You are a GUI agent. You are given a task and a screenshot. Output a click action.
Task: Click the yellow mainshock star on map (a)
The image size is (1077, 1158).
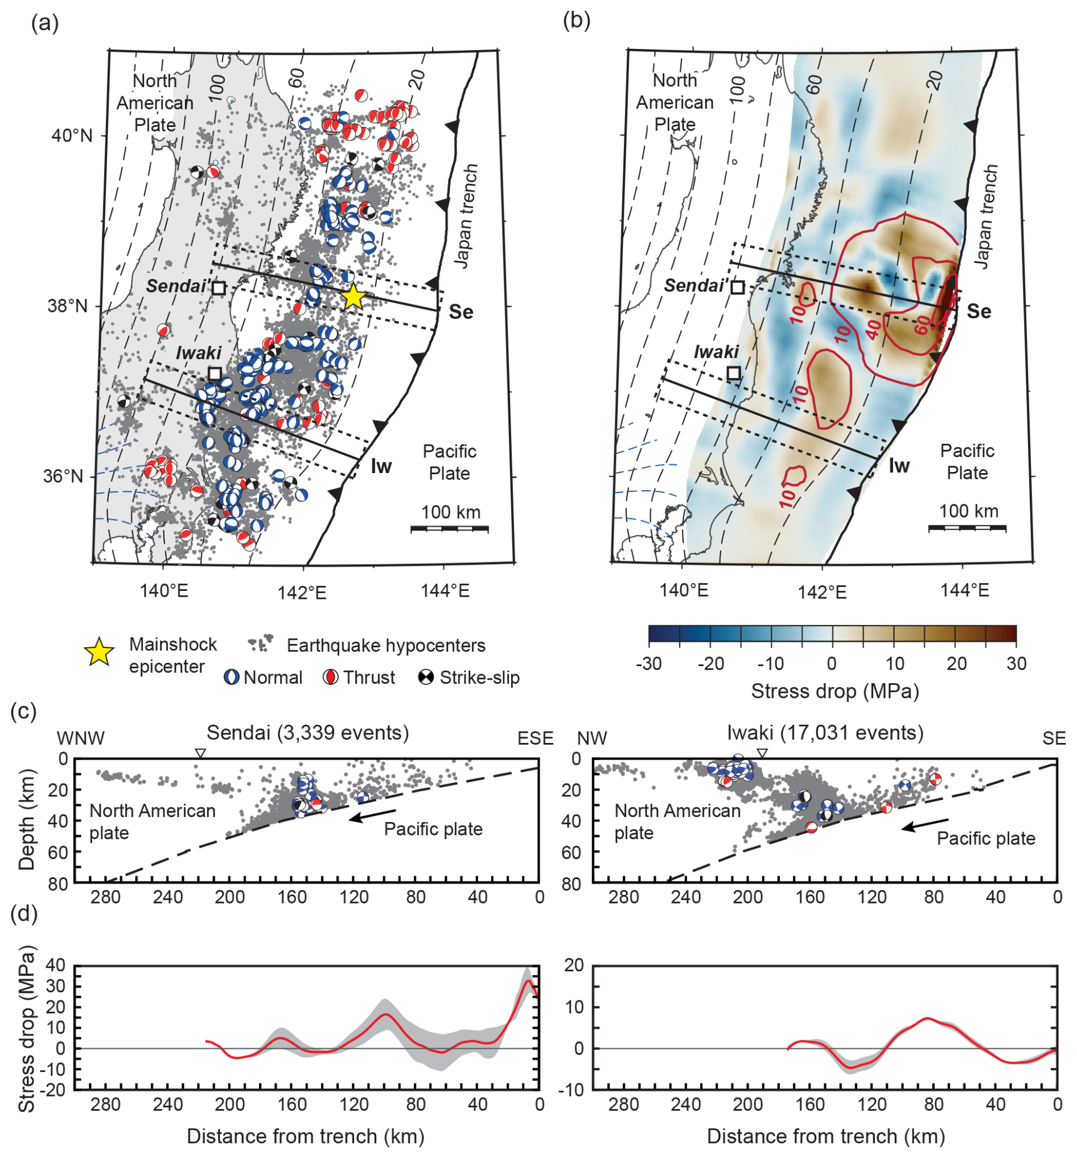pos(353,297)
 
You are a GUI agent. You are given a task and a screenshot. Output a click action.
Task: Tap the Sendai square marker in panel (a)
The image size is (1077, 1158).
pos(219,288)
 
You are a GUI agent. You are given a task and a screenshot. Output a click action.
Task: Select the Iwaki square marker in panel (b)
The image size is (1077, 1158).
pos(734,373)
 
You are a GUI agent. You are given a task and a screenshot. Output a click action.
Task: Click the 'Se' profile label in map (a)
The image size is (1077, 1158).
pos(461,312)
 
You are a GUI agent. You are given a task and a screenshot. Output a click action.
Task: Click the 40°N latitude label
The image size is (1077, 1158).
pos(72,135)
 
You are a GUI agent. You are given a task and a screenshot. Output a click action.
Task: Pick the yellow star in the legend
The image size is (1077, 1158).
pos(99,652)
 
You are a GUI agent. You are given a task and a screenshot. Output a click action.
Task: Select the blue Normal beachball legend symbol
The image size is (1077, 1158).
pos(232,677)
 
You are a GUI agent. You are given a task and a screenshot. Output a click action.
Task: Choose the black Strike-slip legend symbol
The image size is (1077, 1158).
pos(426,677)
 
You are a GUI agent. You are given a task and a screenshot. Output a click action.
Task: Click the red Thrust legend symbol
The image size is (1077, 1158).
pos(330,677)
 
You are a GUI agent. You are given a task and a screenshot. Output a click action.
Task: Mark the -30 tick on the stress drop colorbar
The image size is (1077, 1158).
pos(649,663)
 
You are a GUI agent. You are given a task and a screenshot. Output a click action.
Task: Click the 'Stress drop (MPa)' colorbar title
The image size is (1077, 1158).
pos(835,691)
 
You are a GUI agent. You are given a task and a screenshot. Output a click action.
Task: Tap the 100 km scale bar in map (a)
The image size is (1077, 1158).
pos(449,528)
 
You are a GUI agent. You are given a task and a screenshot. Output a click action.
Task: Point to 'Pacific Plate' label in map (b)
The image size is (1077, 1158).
pos(967,461)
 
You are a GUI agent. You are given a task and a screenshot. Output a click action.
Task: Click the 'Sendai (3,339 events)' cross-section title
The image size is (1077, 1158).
pos(307,733)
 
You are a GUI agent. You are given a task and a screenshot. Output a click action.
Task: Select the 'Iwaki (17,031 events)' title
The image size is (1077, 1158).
pos(825,733)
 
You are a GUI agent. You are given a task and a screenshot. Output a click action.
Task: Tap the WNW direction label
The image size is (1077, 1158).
pos(80,738)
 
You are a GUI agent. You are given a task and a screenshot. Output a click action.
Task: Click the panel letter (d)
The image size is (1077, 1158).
pos(24,913)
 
